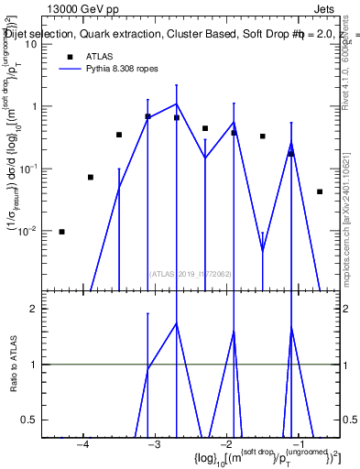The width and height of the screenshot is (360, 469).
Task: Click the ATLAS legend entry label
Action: (100, 57)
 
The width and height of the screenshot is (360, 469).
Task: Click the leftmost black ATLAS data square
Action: (61, 232)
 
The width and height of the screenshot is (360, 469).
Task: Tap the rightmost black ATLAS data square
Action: (320, 191)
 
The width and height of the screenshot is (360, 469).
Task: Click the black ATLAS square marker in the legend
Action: (69, 57)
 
